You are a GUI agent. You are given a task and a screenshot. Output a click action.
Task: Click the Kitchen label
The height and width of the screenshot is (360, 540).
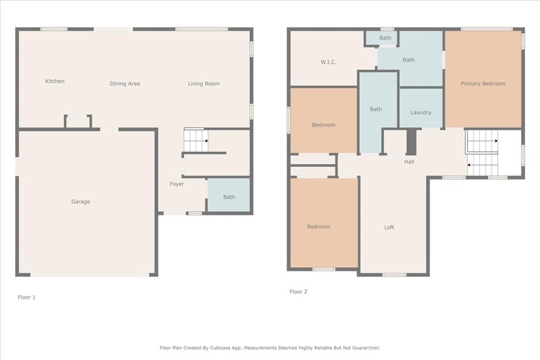[x=55, y=81]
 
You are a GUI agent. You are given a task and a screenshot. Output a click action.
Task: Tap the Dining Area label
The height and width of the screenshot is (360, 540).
[x=124, y=84]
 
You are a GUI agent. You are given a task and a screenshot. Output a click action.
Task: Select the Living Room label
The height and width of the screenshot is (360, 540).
[x=204, y=84]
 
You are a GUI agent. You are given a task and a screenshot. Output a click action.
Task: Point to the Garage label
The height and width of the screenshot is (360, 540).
[x=81, y=202]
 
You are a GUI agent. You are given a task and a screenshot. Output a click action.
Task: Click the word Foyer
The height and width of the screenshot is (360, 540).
[x=177, y=184]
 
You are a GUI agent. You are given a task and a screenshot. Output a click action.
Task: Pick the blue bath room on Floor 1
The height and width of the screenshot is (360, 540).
[x=229, y=195]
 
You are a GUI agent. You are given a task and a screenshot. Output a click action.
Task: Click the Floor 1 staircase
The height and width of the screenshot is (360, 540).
[x=196, y=140]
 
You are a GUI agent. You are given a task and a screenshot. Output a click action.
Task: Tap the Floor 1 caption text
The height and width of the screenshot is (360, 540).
[x=26, y=297]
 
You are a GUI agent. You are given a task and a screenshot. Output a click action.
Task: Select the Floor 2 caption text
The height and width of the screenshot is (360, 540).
[x=298, y=292]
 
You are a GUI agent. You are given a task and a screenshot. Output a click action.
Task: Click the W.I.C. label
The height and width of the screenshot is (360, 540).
[x=328, y=62]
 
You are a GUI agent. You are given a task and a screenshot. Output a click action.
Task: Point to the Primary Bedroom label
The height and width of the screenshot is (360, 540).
[x=483, y=84]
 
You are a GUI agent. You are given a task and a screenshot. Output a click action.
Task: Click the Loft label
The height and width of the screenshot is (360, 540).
[x=389, y=228]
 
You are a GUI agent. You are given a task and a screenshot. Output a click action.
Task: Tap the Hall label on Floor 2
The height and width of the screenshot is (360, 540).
[x=409, y=162]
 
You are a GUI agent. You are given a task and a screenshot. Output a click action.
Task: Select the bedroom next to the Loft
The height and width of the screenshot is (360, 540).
[x=324, y=222]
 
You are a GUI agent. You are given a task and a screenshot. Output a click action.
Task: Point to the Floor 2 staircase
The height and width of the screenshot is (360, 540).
[x=482, y=153]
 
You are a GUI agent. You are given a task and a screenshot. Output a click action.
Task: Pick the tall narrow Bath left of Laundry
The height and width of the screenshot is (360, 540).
[x=379, y=112]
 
